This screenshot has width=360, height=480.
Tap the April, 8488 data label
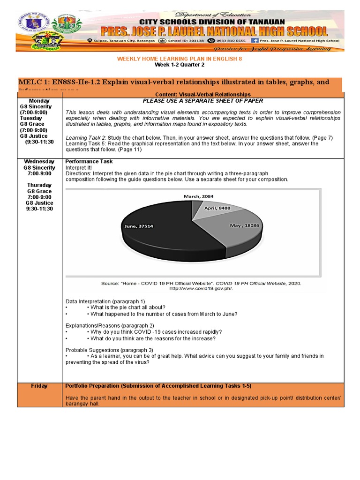tap(217, 208)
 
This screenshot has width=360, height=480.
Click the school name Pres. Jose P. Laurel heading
tap(211, 31)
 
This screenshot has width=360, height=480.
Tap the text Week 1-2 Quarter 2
tap(180, 65)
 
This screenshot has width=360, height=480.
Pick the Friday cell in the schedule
tap(39, 386)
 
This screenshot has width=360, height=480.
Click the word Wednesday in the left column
tap(39, 161)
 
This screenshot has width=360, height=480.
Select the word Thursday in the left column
tap(39, 185)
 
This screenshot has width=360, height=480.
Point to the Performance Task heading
tap(89, 161)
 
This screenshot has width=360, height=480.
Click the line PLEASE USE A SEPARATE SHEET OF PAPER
tap(203, 101)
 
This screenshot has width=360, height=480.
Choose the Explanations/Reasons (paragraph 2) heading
tap(110, 325)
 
